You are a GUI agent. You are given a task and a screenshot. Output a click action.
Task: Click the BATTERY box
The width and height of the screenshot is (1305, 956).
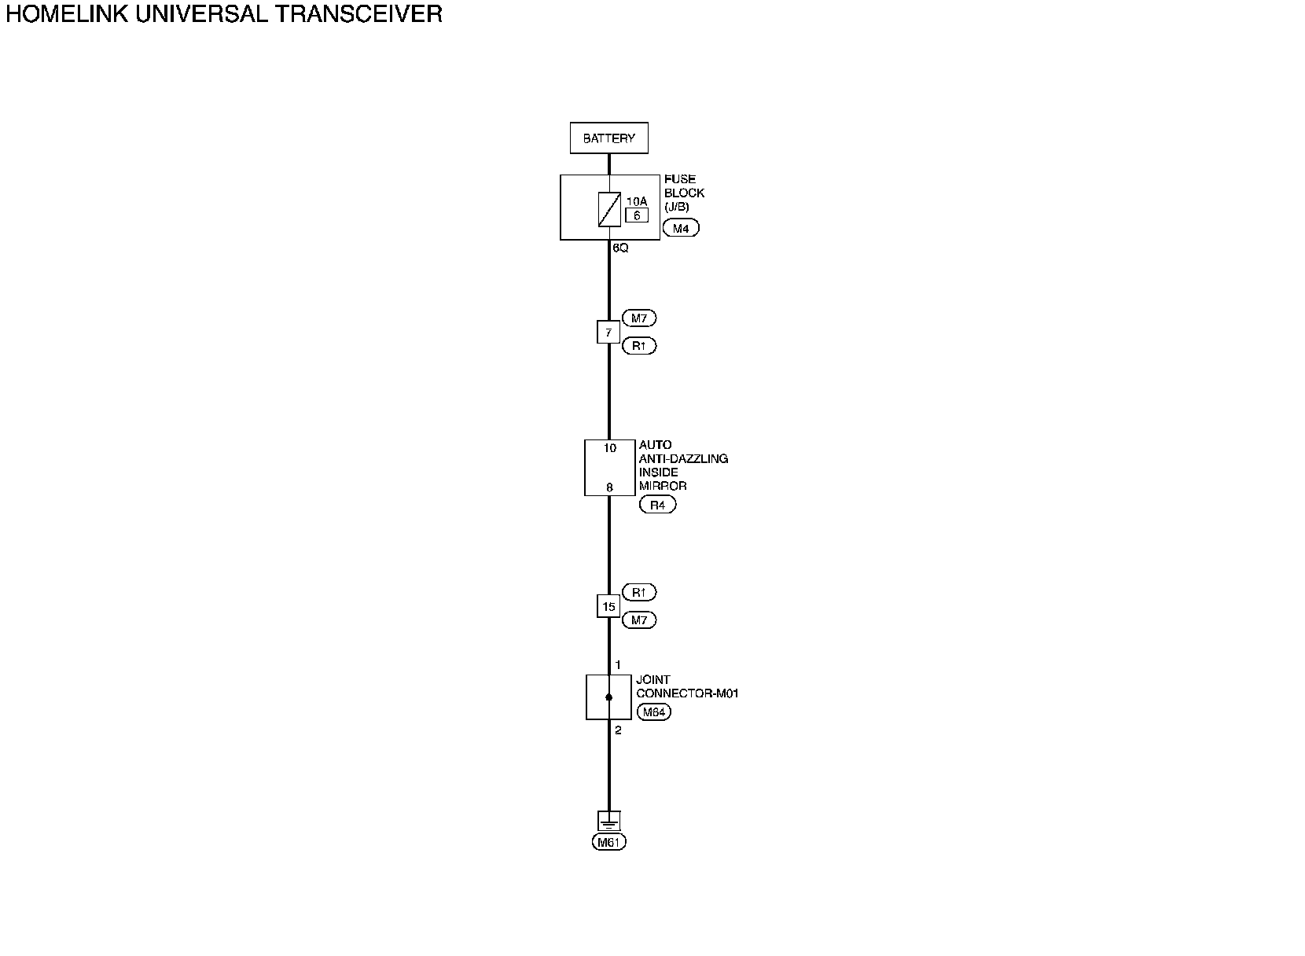coord(608,138)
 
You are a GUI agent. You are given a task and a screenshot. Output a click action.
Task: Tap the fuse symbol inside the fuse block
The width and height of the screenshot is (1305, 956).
coord(609,209)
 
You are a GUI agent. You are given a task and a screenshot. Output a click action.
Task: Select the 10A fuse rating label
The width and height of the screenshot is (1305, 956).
coord(637,201)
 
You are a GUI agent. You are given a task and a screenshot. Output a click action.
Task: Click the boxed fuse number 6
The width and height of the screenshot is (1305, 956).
coord(637,215)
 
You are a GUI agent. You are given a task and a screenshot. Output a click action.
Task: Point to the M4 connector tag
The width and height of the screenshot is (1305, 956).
coord(681,228)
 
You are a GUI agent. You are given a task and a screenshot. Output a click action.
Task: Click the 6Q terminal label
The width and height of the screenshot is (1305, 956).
coord(620,248)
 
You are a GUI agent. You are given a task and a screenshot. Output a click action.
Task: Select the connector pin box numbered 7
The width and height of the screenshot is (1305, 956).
coord(608,333)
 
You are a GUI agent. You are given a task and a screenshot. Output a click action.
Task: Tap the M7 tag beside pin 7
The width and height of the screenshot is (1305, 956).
coord(639,318)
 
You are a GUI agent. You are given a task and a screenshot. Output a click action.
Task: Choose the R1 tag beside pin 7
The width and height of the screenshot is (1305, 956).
coord(639,346)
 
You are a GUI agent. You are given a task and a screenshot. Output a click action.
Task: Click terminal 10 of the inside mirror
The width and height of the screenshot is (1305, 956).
coord(610,448)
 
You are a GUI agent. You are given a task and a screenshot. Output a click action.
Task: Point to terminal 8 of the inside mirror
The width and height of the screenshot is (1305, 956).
coord(609,487)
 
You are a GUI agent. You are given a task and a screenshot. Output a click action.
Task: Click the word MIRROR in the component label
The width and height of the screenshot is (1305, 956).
coord(663,486)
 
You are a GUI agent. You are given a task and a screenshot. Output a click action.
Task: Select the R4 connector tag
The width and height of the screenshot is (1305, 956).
coord(658,506)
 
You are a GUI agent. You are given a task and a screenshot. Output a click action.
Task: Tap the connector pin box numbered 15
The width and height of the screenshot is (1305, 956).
coord(608,607)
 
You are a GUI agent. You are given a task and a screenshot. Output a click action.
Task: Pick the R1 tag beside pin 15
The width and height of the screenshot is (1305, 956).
coord(639,592)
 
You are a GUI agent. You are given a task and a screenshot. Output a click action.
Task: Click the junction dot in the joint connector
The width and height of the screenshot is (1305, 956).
coord(608,697)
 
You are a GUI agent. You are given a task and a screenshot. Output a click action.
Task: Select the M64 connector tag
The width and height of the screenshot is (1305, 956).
coord(653,713)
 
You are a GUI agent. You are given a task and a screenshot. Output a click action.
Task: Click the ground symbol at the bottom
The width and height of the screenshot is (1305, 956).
coord(608,822)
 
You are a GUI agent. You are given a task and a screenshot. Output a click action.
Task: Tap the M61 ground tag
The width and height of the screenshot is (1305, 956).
coord(609,843)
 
